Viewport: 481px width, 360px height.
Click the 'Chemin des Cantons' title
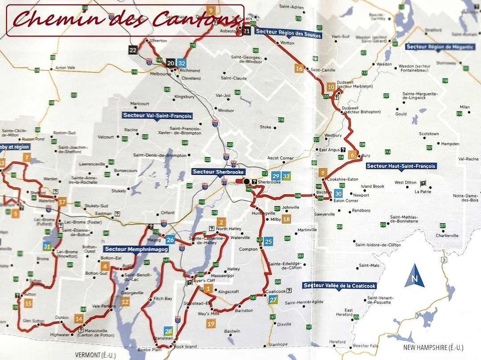pos(125,20)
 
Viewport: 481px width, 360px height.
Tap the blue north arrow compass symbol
pos(415,276)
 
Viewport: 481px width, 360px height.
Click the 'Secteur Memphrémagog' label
pos(136,249)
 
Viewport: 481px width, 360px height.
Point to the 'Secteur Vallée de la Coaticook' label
pos(339,286)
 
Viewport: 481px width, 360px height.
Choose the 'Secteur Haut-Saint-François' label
pos(401,166)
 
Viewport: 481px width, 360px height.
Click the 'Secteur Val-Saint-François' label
pos(157,115)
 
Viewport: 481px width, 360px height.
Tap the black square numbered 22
pos(133,50)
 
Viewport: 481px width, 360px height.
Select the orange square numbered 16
pos(299,69)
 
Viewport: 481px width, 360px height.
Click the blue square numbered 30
pos(338,193)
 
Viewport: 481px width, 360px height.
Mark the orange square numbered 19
pos(211,324)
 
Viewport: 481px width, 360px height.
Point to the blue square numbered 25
pos(268,242)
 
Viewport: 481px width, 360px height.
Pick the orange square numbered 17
pos(62,202)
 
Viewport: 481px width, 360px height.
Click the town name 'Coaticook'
pos(275,291)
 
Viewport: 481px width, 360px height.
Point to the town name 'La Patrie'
pos(423,192)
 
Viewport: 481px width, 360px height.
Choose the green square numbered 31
pos(47,246)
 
